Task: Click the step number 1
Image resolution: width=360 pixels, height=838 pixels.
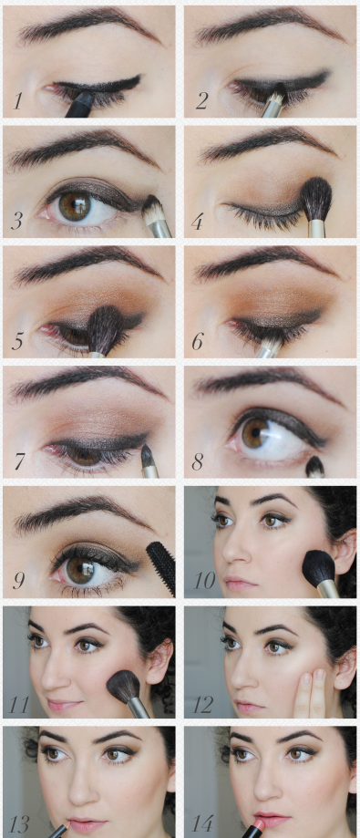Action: click(x=18, y=101)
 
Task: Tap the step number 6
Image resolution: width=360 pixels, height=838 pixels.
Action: click(x=198, y=341)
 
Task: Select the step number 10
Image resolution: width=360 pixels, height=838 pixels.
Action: click(x=204, y=581)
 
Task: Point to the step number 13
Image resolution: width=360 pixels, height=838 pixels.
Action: click(x=18, y=823)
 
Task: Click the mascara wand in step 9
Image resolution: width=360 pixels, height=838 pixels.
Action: click(x=161, y=567)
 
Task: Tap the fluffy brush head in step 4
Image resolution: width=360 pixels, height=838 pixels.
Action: click(x=316, y=199)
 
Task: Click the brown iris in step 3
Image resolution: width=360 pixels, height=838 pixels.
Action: click(x=74, y=206)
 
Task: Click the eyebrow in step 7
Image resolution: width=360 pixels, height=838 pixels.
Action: click(x=88, y=382)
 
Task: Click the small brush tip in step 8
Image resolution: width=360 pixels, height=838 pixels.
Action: click(x=315, y=467)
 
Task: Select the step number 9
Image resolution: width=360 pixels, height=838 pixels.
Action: click(x=19, y=581)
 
